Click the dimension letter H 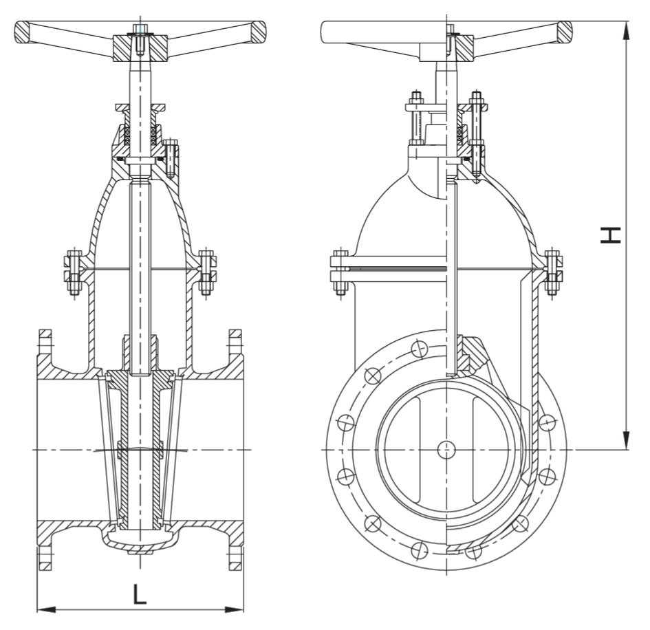(x=610, y=235)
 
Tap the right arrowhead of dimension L (x=235, y=609)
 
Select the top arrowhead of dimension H (x=626, y=31)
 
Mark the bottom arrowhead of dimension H (x=626, y=440)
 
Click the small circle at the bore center (x=446, y=450)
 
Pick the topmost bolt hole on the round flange (x=420, y=349)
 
